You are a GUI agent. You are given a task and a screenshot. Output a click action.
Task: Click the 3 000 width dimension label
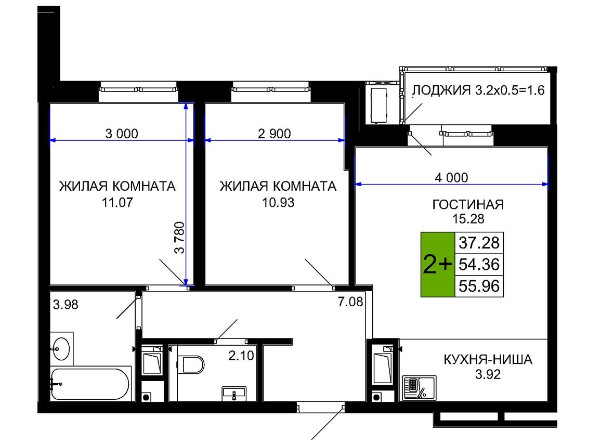tap(122, 134)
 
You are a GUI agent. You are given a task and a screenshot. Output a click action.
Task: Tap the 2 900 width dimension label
tap(274, 134)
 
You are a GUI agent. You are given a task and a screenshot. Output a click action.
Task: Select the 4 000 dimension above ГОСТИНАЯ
tap(451, 177)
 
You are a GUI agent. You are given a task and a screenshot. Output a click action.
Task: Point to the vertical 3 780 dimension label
tap(179, 237)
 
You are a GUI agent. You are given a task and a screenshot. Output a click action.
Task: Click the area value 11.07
tap(117, 202)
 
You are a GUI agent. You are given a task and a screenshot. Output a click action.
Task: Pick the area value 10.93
tap(278, 202)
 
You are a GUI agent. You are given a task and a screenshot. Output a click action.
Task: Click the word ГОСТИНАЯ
tap(468, 204)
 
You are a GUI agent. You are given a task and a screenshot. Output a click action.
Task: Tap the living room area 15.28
tap(468, 218)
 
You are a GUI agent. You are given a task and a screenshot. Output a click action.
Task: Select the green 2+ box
tap(438, 265)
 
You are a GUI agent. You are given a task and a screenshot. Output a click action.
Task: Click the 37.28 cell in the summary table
tap(479, 243)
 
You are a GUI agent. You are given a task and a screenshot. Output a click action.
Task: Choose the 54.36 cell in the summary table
tap(479, 264)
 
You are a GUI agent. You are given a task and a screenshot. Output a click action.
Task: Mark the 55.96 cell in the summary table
tap(479, 286)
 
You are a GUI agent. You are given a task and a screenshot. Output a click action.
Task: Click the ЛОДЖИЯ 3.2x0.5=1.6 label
tap(478, 90)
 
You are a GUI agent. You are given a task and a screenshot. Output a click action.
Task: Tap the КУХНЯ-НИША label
tap(488, 360)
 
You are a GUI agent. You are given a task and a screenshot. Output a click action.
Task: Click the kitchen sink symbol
tap(420, 388)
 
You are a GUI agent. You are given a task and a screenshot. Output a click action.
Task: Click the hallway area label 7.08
tap(350, 302)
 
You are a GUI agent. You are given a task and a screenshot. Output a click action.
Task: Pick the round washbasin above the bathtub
tap(61, 348)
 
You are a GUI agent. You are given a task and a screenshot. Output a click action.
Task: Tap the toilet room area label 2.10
tap(241, 356)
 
